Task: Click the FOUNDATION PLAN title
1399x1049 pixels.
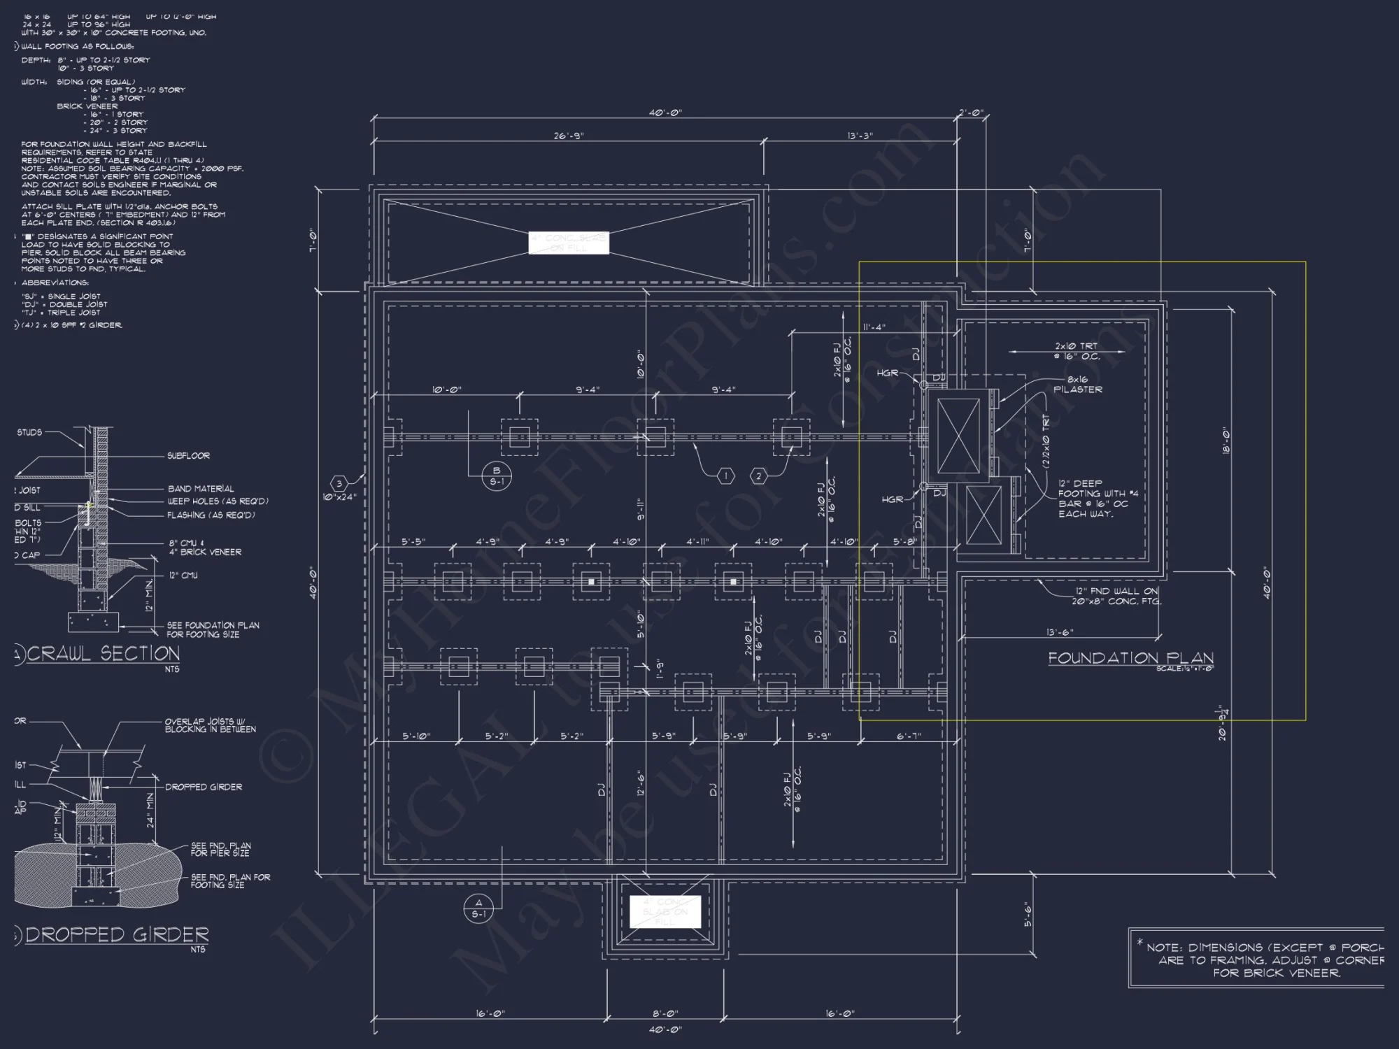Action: (1130, 658)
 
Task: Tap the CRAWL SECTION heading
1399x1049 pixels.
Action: (103, 653)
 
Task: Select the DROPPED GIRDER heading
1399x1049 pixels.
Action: (117, 934)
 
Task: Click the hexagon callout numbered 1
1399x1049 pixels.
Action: (726, 476)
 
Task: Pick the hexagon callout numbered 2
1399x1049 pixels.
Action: (759, 476)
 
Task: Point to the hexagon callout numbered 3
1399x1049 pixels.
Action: (339, 483)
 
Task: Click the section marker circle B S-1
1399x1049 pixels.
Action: (497, 476)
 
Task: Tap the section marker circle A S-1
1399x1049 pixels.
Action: (479, 908)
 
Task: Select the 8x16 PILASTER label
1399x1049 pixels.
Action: (1077, 385)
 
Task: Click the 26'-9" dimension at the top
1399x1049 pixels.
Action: (569, 136)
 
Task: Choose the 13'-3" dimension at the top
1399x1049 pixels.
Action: (860, 136)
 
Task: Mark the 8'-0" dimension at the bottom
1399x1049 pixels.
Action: (665, 1013)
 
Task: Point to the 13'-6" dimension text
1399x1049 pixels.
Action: (1060, 632)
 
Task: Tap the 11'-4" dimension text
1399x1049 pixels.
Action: (874, 327)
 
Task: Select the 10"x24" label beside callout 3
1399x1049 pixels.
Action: (339, 497)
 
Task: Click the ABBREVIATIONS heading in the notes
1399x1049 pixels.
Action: (55, 283)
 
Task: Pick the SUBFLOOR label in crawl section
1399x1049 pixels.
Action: (188, 456)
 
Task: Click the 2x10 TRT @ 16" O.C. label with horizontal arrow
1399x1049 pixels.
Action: (1077, 351)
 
